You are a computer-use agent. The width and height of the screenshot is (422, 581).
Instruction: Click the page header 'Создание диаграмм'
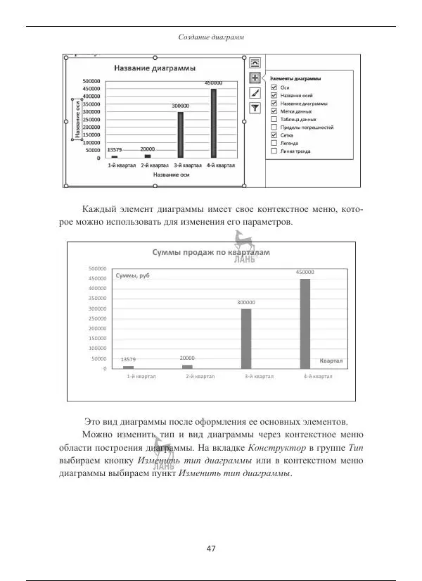211,37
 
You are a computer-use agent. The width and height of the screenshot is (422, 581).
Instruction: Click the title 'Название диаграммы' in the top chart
154,68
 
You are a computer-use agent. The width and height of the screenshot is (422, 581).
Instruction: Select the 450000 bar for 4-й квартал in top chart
213,123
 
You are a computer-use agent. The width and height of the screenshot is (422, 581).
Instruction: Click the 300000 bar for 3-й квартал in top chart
181,135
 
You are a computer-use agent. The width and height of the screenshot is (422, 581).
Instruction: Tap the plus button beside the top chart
255,77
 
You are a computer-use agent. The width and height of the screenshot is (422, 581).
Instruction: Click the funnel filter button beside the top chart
255,108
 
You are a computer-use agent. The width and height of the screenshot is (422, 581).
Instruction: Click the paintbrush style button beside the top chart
255,92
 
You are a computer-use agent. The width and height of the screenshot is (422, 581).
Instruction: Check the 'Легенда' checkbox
274,143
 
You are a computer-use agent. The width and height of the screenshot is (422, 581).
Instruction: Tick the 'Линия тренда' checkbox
274,151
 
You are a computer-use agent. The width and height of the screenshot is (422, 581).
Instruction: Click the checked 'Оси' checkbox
274,87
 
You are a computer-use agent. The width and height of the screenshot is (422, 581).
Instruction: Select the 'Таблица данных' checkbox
274,120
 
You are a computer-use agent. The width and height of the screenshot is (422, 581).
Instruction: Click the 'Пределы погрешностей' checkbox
274,127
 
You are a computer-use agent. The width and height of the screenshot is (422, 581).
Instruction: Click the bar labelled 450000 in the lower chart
305,323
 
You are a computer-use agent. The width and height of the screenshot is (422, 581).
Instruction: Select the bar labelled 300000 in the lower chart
246,338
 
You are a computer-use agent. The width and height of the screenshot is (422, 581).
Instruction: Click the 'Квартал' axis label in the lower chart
331,361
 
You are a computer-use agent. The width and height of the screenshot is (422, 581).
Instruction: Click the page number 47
211,549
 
